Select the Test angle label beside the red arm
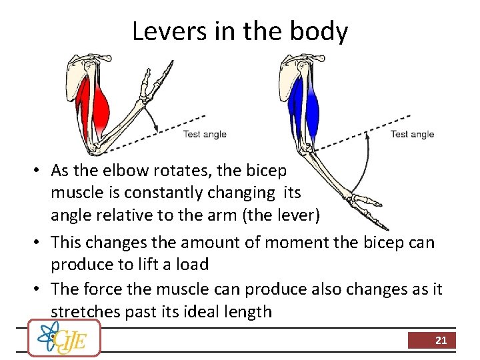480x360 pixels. tap(205, 134)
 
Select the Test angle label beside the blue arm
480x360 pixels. tap(412, 134)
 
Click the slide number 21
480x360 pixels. tap(441, 340)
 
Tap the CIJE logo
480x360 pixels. tap(64, 338)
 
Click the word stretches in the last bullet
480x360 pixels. tap(86, 311)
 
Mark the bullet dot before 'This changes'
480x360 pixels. tap(40, 241)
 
